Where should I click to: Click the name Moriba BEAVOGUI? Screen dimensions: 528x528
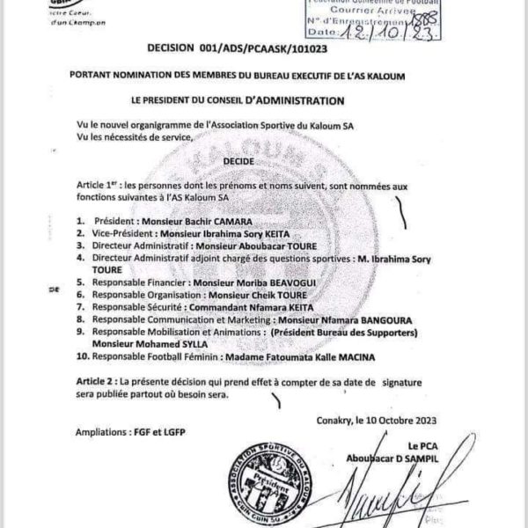click(259, 285)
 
